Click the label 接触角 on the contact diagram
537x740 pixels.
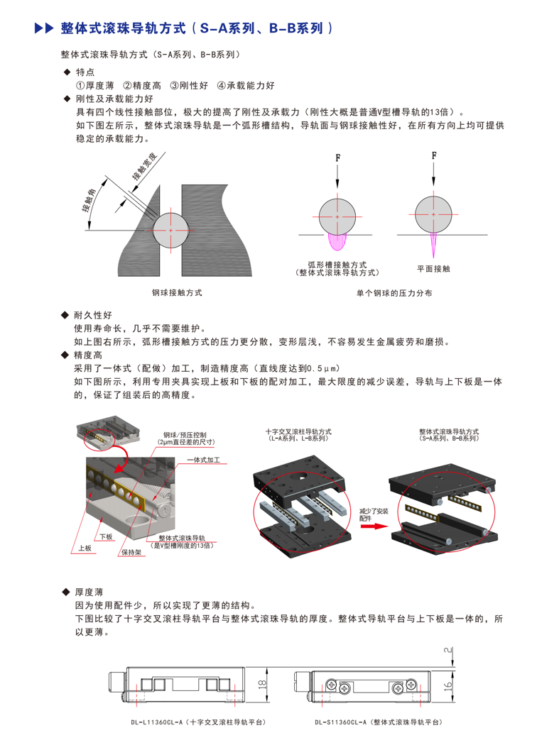(x=89, y=201)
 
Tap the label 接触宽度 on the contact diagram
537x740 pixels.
(x=144, y=167)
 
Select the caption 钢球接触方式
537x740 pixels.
(x=177, y=292)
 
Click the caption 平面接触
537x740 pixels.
(x=433, y=268)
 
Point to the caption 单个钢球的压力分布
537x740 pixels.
(x=394, y=293)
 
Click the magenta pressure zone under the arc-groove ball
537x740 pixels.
(x=337, y=241)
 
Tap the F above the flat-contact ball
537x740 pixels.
(x=434, y=155)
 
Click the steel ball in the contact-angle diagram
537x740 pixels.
(x=170, y=231)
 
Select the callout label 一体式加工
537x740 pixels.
(x=204, y=460)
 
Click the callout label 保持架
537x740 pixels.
(x=131, y=552)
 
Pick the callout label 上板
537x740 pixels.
(x=85, y=548)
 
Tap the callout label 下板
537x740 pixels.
(x=107, y=536)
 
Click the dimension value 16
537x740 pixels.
(x=447, y=685)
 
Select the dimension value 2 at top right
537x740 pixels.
(x=447, y=651)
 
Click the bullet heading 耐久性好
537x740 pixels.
(x=93, y=315)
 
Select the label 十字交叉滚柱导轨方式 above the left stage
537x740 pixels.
(x=298, y=431)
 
